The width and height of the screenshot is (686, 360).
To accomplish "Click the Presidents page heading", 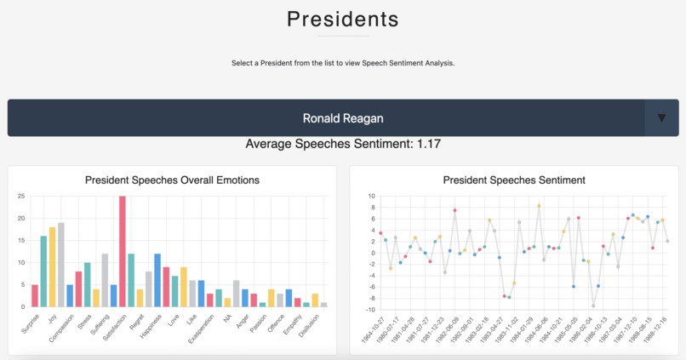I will click(342, 18).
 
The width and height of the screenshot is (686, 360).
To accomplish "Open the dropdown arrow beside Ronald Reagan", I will click(661, 118).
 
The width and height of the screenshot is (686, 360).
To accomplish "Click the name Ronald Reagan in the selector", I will click(342, 118).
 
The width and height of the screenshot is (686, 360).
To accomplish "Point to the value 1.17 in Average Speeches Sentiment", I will click(428, 144).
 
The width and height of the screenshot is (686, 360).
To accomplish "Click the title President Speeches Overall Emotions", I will click(173, 180).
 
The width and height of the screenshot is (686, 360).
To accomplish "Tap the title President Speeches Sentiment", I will click(514, 180).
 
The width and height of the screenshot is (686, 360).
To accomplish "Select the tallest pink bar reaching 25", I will click(123, 251).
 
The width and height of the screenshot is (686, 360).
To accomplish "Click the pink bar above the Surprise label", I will click(35, 294).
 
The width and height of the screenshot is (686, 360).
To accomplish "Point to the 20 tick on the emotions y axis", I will click(20, 218).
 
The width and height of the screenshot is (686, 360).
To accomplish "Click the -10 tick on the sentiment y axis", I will click(370, 309).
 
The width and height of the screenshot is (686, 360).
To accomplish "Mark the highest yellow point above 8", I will click(539, 206).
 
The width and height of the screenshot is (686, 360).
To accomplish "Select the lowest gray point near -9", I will click(593, 306).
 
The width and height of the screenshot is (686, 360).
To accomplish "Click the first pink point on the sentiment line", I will click(380, 233).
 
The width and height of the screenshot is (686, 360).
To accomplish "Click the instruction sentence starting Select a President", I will click(342, 62).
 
